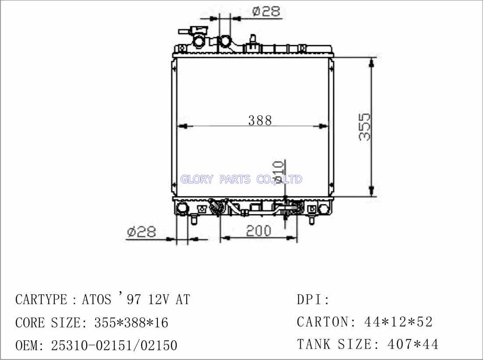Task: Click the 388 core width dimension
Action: click(x=260, y=120)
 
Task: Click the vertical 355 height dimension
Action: click(x=365, y=127)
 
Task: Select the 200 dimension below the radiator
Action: click(x=259, y=231)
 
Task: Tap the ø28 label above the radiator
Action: click(x=266, y=11)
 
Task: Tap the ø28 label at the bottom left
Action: click(x=142, y=232)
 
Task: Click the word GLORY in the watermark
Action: click(x=197, y=179)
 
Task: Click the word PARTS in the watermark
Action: click(x=235, y=179)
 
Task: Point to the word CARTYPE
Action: click(x=41, y=299)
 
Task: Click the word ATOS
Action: click(x=96, y=299)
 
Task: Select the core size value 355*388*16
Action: click(x=131, y=323)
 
